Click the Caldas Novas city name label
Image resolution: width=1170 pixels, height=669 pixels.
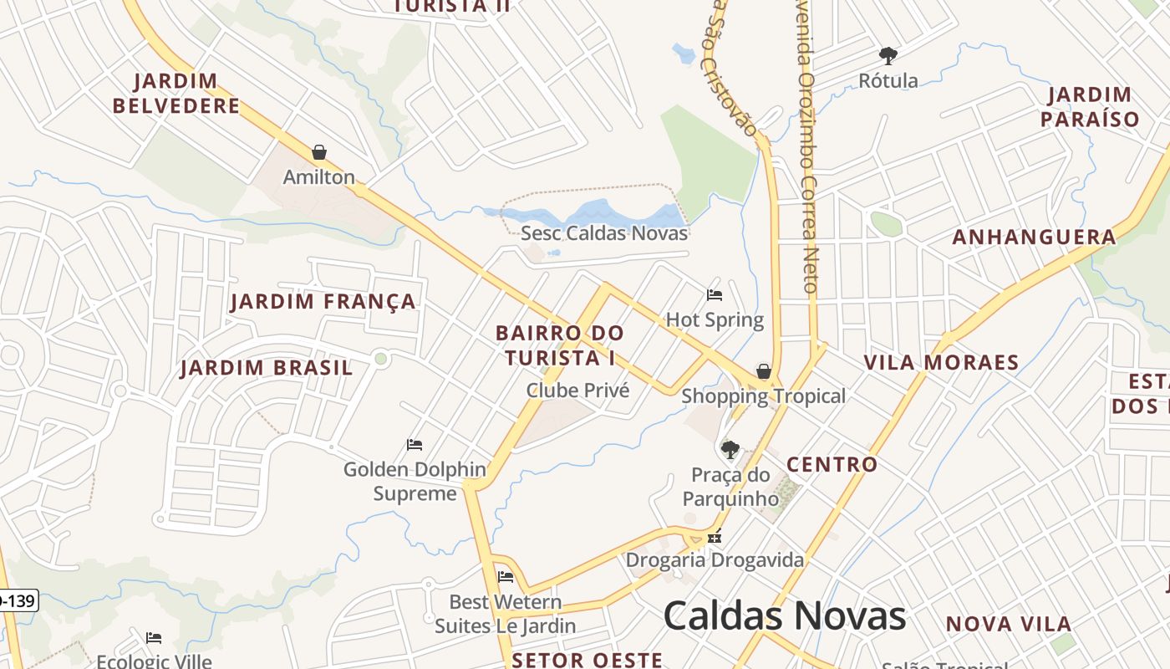click(784, 616)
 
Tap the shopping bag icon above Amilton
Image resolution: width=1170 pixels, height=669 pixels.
click(318, 152)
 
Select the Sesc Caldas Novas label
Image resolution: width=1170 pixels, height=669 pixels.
click(604, 233)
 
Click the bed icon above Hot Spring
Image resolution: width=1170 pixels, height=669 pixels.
click(715, 294)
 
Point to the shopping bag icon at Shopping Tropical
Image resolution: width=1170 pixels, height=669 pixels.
click(763, 371)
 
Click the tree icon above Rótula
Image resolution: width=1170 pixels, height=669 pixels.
click(888, 56)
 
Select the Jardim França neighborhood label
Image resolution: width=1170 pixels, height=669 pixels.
click(323, 301)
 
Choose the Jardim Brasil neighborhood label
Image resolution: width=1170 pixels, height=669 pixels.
click(267, 368)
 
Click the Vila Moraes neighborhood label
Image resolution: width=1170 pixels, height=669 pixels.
click(941, 362)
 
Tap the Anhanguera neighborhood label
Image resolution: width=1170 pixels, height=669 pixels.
click(1034, 237)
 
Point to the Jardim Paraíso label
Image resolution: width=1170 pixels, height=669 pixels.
click(1090, 106)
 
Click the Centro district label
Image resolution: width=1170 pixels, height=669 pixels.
click(832, 464)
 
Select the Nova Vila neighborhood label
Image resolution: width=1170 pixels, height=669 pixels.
click(1008, 624)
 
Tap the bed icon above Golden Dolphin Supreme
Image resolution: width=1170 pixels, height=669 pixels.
click(414, 444)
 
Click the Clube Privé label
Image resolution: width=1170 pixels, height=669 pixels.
click(577, 391)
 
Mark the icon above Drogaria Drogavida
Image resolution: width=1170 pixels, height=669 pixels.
click(715, 537)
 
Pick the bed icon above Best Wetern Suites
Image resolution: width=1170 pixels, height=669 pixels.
click(505, 576)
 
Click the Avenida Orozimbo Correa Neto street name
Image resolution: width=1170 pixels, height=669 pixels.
click(808, 151)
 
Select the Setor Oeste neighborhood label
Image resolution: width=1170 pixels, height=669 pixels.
click(587, 660)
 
